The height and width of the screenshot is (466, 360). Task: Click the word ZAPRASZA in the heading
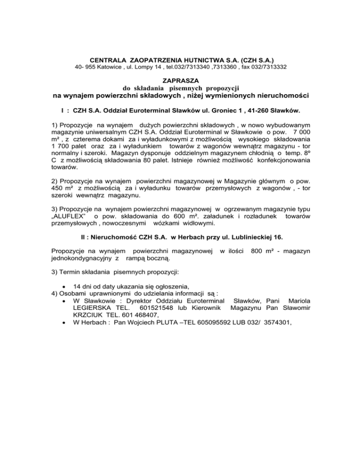pyautogui.click(x=180, y=81)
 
